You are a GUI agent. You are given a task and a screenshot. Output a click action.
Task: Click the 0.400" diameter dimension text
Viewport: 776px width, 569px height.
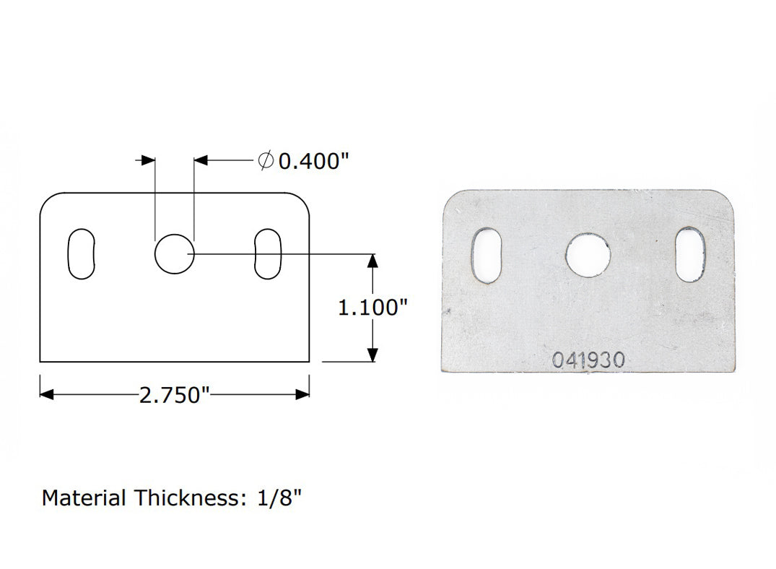coord(309,161)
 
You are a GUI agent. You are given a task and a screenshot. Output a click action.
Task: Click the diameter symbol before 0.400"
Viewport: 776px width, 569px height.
coord(265,161)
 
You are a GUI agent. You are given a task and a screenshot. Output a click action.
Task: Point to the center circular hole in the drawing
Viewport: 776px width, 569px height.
coord(174,254)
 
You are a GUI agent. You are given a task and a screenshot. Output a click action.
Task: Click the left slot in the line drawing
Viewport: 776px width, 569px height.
coord(81,254)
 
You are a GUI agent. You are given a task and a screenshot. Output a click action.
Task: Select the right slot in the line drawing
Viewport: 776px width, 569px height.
coord(268,254)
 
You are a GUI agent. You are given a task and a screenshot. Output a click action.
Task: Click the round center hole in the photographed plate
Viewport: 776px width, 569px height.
coord(588,256)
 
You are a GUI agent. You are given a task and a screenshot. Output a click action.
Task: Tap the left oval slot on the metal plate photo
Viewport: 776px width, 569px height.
coord(484,256)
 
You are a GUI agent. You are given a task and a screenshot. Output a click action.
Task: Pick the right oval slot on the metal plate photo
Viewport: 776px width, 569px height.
coord(691,256)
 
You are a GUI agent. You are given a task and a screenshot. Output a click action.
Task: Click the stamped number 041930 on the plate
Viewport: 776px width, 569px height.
coord(588,360)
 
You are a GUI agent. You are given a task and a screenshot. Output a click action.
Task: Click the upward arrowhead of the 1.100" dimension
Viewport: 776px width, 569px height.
coord(372,261)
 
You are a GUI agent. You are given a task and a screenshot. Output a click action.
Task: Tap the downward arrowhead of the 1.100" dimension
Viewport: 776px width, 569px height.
coord(372,354)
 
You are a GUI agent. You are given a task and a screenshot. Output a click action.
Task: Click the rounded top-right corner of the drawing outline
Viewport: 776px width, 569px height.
coord(302,201)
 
